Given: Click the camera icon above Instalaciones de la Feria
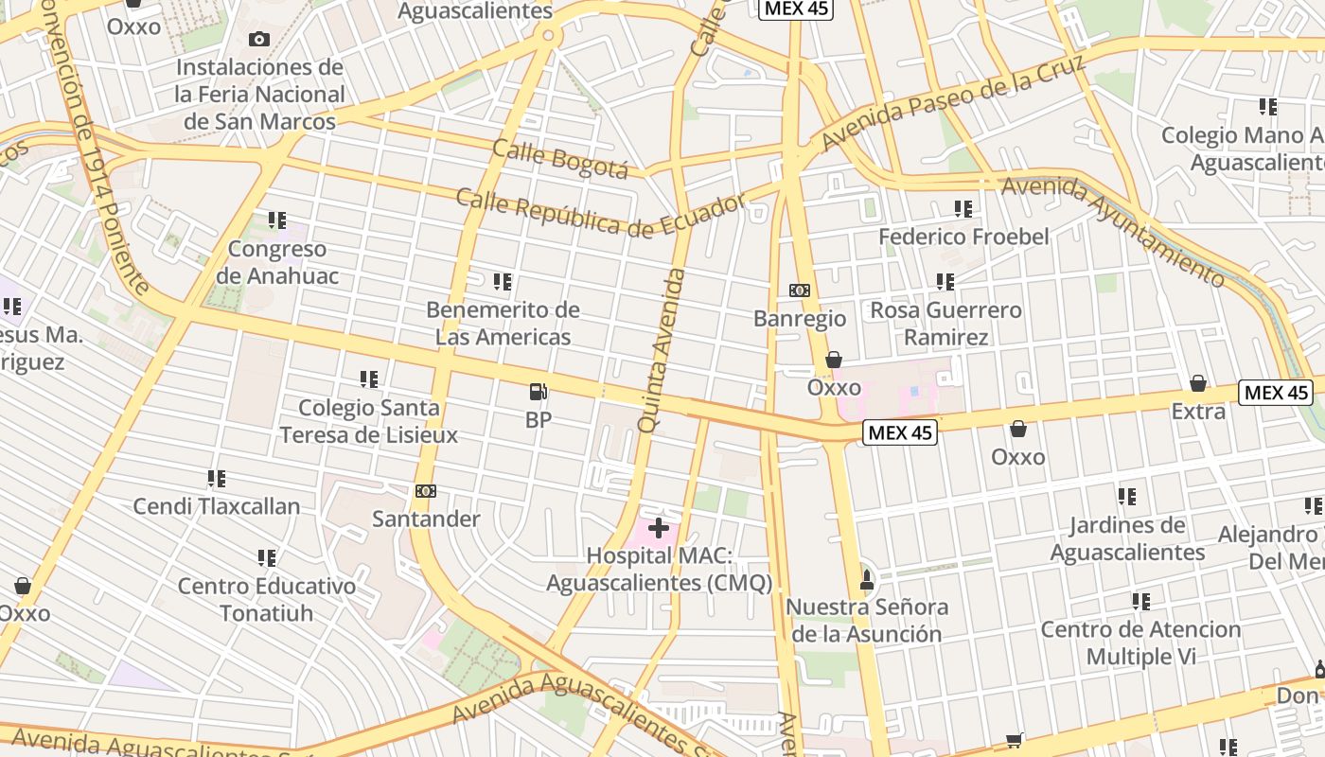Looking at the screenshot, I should click(x=258, y=39).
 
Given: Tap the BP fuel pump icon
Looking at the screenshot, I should click(x=538, y=391).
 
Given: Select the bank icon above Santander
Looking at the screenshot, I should click(x=426, y=491).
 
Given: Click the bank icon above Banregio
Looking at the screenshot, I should click(x=800, y=290).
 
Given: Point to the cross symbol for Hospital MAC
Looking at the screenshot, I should click(x=659, y=528).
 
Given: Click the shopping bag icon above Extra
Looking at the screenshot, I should click(x=1198, y=383).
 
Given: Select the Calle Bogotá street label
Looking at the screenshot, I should click(x=560, y=158).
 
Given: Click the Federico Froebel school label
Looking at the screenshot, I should click(x=963, y=237).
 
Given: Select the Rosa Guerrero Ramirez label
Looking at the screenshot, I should click(x=945, y=324).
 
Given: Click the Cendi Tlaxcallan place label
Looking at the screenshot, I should click(x=217, y=506).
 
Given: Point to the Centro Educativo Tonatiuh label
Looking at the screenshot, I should click(x=267, y=599).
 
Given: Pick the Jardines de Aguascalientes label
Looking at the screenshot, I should click(x=1127, y=538).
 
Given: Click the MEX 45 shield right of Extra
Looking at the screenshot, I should click(x=1275, y=393).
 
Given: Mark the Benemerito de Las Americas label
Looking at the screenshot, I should click(x=503, y=323).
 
